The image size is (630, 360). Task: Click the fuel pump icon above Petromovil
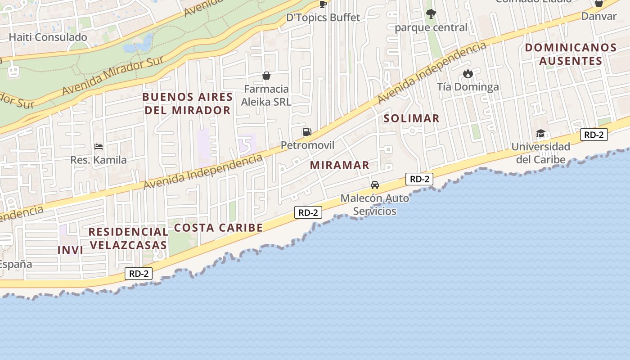click(x=307, y=132)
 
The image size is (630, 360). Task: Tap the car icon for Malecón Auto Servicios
click(x=374, y=184)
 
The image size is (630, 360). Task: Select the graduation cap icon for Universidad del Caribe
click(x=540, y=133)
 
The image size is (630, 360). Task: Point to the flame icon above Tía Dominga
click(x=468, y=73)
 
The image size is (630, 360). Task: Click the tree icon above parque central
click(x=431, y=14)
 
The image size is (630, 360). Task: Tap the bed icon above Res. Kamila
click(x=99, y=147)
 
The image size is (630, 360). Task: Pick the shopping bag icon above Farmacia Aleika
click(x=266, y=75)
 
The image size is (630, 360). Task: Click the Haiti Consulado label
click(x=48, y=37)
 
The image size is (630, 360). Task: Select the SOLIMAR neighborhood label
click(x=411, y=118)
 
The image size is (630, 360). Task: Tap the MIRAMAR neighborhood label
click(x=340, y=165)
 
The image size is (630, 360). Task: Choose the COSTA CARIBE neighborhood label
click(x=218, y=228)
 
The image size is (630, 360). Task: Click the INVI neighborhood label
click(x=71, y=250)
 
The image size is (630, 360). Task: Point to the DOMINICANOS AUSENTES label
click(x=571, y=54)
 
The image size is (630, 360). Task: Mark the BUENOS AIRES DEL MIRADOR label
click(x=188, y=103)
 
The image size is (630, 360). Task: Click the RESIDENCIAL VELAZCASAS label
click(x=128, y=238)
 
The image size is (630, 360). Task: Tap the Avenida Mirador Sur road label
click(x=112, y=76)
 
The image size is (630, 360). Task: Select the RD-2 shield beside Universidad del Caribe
click(x=594, y=135)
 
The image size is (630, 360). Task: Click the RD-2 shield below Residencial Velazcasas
click(x=139, y=273)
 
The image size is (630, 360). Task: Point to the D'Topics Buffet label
click(x=323, y=18)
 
